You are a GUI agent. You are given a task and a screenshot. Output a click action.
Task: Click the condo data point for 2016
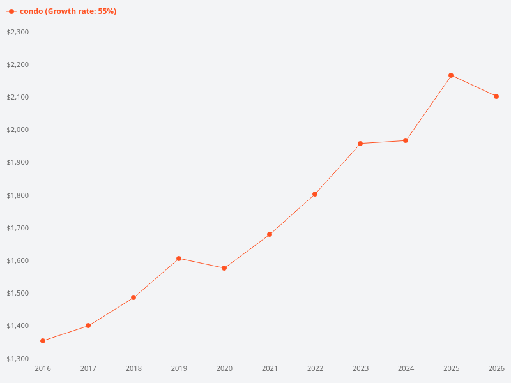click(x=43, y=341)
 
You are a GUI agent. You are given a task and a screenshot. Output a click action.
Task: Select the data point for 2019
click(x=179, y=259)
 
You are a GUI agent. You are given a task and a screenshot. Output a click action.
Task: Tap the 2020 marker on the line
click(x=224, y=268)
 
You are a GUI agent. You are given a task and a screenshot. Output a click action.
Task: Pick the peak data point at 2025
click(x=451, y=75)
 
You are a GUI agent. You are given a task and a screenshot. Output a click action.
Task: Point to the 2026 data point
click(x=496, y=96)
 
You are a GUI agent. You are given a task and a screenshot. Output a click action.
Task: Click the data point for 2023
click(x=360, y=144)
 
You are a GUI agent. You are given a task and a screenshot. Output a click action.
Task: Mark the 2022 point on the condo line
click(x=315, y=194)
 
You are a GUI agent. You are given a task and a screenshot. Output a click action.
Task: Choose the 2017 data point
click(x=88, y=326)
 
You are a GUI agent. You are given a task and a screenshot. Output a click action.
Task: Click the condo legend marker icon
click(x=11, y=11)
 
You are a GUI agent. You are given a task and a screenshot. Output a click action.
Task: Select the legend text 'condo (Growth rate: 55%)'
click(x=68, y=11)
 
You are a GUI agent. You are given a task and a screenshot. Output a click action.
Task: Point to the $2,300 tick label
click(x=18, y=32)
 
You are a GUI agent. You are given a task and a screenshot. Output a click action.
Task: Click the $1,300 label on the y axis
click(x=18, y=359)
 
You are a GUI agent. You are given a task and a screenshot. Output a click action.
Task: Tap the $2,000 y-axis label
click(x=18, y=130)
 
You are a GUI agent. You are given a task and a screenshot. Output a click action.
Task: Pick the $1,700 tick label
click(x=18, y=228)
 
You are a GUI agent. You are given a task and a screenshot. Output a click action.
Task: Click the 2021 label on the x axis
click(x=270, y=368)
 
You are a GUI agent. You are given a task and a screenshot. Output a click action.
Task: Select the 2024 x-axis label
click(x=406, y=368)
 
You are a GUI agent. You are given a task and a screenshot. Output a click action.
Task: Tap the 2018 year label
click(x=133, y=368)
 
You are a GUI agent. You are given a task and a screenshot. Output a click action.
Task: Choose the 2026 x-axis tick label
click(x=496, y=368)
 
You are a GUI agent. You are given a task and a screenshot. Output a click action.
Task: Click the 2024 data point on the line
click(x=406, y=140)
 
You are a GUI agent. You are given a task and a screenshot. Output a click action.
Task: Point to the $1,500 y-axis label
click(x=18, y=294)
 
